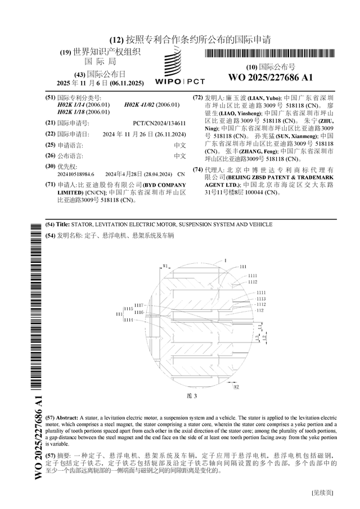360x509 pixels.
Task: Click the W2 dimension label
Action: pyautogui.click(x=237, y=387)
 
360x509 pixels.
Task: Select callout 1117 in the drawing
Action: pyautogui.click(x=139, y=305)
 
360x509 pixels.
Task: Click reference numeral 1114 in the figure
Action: pyautogui.click(x=129, y=319)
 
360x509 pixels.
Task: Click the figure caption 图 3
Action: pyautogui.click(x=191, y=396)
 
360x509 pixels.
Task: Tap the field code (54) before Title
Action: pyautogui.click(x=49, y=224)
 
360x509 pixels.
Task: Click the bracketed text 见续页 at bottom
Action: pyautogui.click(x=322, y=493)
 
